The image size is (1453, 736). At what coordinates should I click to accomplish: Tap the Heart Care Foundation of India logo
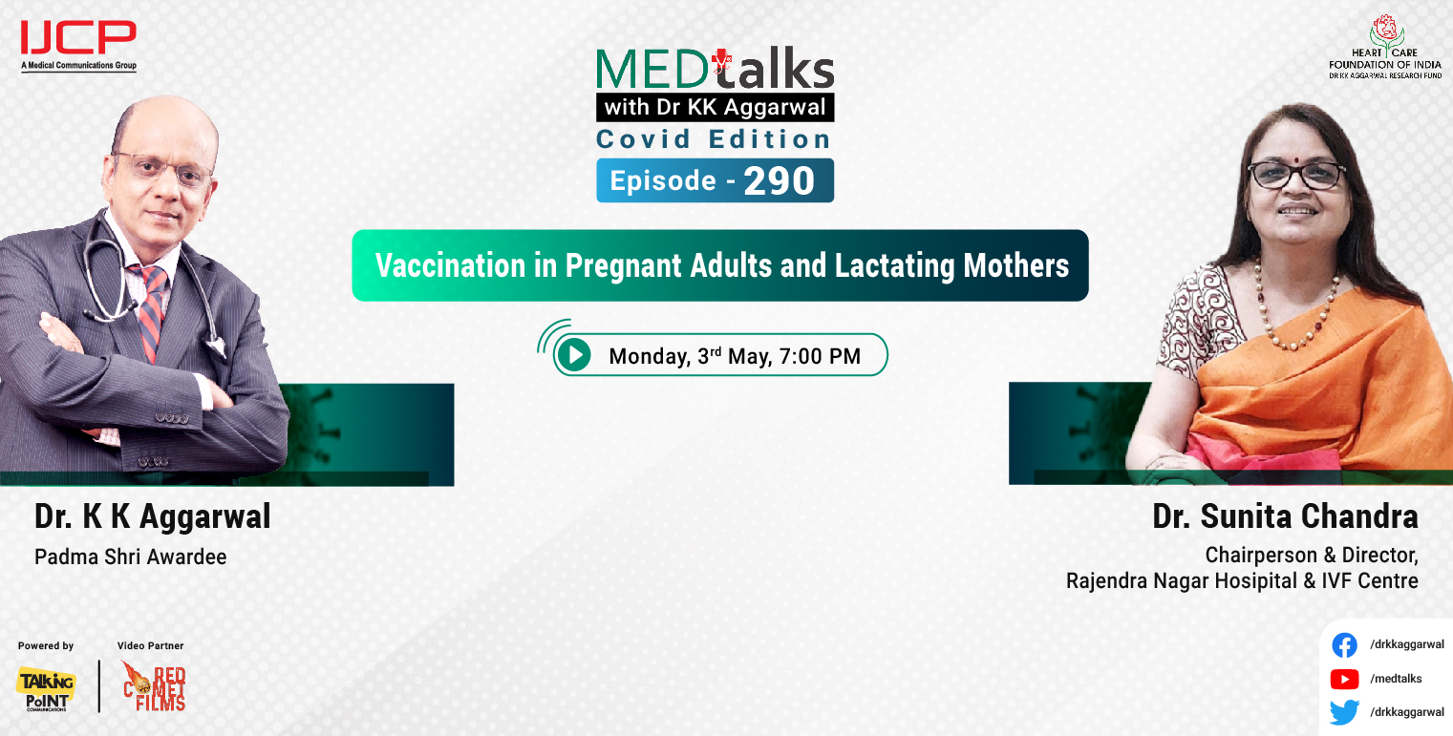point(1384,46)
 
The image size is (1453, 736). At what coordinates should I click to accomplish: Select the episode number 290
point(779,181)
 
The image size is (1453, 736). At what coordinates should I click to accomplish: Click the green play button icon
point(573,355)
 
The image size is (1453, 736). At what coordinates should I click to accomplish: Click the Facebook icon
point(1344,645)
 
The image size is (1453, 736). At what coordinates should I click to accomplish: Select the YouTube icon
point(1344,679)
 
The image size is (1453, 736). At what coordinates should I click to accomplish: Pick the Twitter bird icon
point(1344,712)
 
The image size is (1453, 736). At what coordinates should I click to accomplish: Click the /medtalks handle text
point(1396,679)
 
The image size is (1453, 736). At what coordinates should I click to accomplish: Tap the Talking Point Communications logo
point(45,688)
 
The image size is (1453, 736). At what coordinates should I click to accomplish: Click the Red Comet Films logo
point(154,686)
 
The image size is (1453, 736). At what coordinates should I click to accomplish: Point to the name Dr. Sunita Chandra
point(1285,517)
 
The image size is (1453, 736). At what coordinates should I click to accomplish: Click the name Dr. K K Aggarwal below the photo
point(153,517)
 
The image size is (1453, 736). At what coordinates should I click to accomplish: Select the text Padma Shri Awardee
point(131,557)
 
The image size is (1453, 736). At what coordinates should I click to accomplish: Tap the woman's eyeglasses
point(1296,175)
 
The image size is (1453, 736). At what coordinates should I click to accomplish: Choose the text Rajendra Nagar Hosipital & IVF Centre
point(1242,580)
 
